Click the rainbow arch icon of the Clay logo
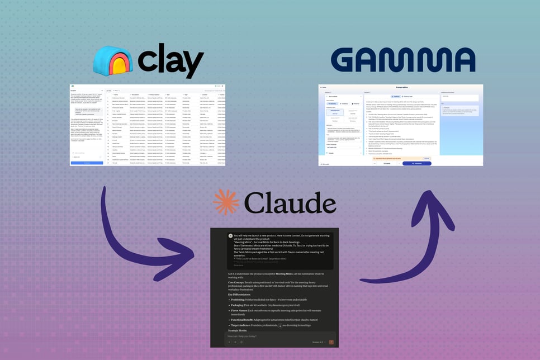coord(113,60)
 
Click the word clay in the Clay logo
coord(170,60)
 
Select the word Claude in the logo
coord(289,203)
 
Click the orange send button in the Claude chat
coord(331,342)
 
